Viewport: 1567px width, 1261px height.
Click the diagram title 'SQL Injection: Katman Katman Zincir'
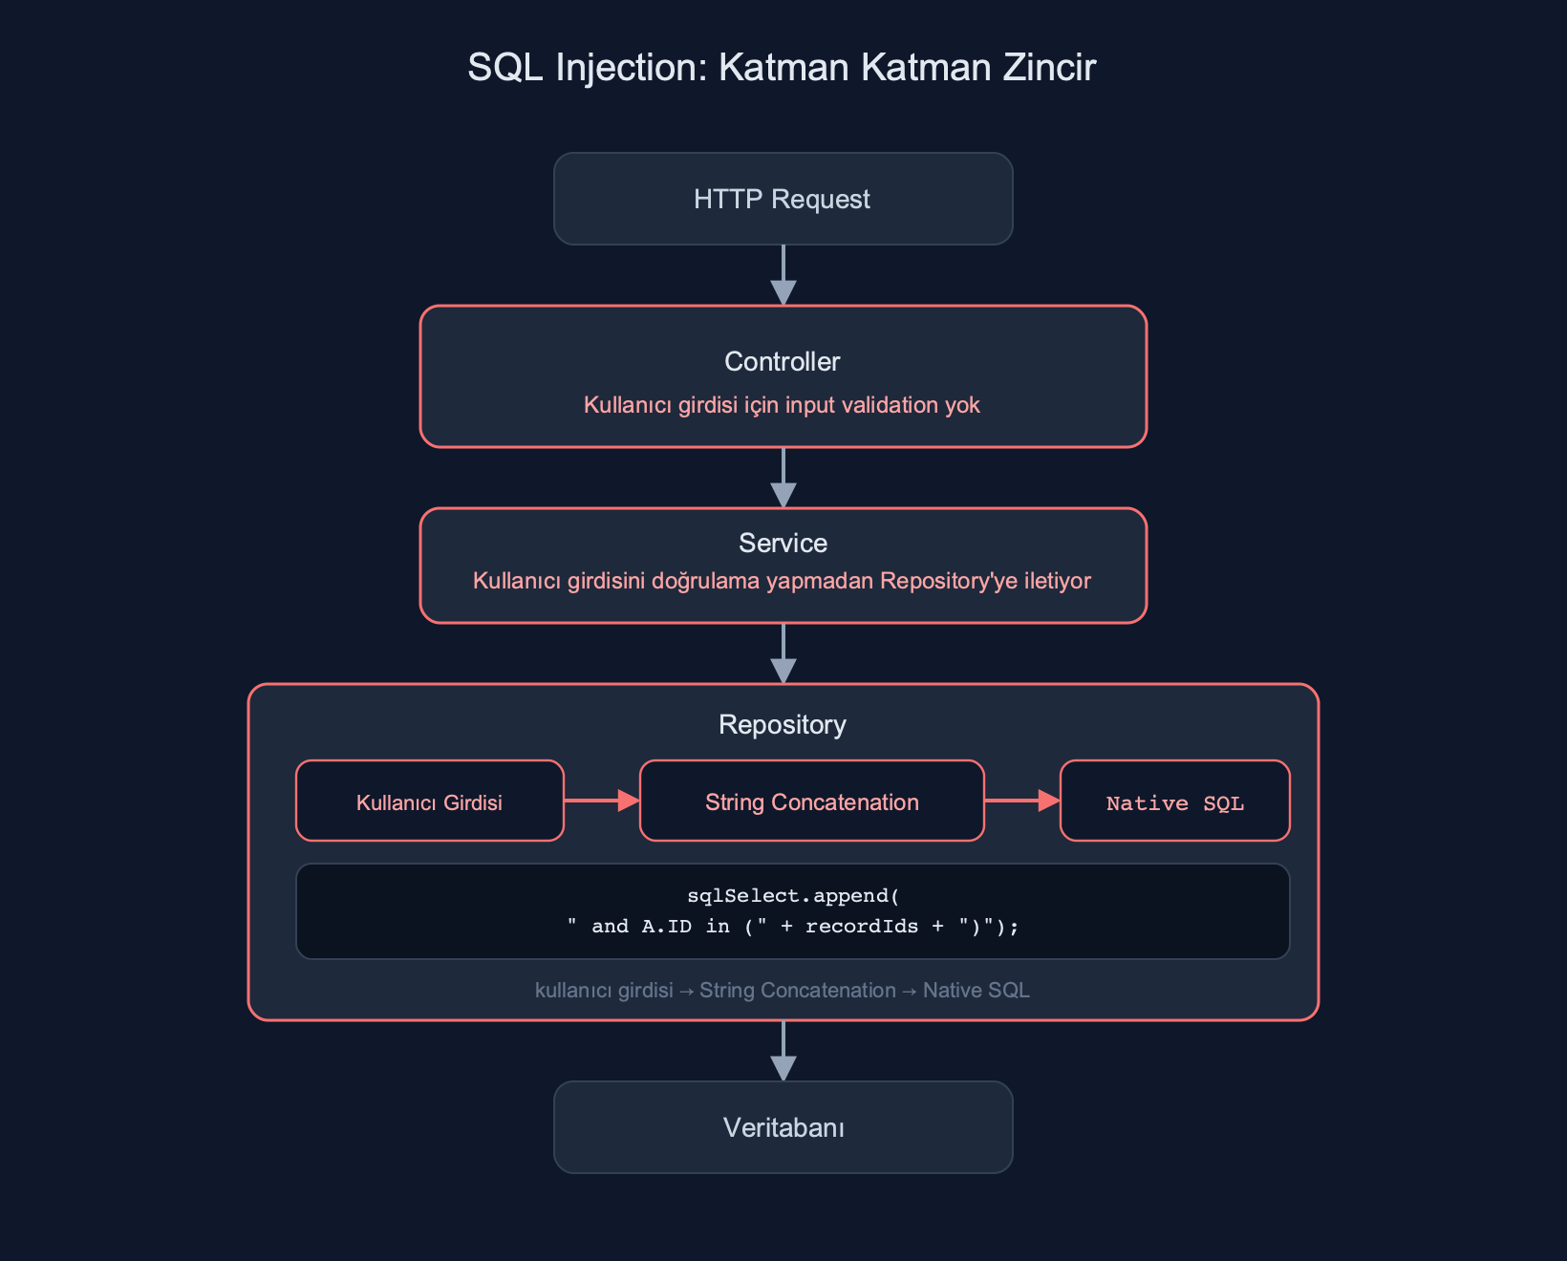point(782,68)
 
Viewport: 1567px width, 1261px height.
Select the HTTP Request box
point(783,199)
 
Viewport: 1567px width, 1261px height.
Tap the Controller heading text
point(782,362)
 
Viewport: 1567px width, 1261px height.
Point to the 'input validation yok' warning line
point(782,405)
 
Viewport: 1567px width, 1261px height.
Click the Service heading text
point(783,544)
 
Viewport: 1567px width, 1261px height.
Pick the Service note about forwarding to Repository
point(782,581)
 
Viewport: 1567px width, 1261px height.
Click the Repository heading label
point(782,725)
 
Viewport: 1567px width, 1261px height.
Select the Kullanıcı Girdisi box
point(430,801)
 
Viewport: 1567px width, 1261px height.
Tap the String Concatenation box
point(812,801)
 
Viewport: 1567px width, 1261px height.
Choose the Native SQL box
point(1174,801)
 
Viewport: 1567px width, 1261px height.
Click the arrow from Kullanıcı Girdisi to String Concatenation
point(601,801)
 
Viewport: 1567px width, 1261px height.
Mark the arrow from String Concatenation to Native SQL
point(1022,801)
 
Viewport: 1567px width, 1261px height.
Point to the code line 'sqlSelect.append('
point(793,895)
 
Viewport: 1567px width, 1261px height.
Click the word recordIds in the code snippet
point(862,926)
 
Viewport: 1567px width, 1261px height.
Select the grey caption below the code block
point(782,990)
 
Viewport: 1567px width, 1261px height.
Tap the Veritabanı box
point(783,1127)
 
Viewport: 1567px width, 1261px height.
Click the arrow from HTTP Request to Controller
point(783,275)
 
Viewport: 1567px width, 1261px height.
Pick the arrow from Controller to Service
point(783,478)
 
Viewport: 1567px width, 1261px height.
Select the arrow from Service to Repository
point(783,653)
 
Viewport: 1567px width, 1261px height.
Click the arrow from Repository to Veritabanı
point(783,1051)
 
